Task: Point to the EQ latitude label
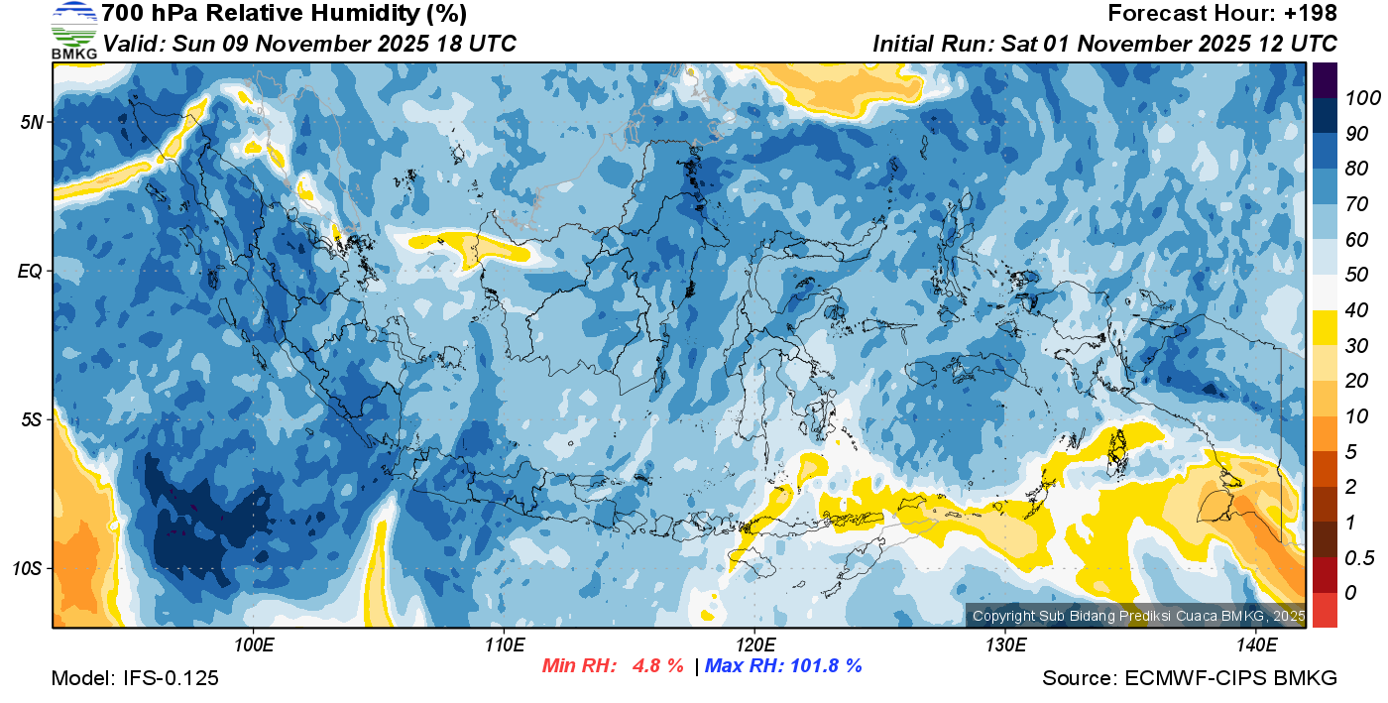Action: point(31,271)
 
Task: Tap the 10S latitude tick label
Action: point(28,569)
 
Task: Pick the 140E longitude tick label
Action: point(1256,645)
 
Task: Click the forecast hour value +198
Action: point(1315,14)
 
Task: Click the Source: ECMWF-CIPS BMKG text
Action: point(1190,678)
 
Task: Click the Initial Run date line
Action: point(1104,44)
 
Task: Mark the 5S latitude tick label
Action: point(31,420)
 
